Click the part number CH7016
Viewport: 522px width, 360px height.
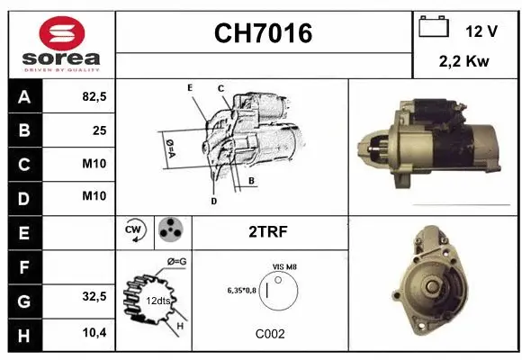click(x=263, y=33)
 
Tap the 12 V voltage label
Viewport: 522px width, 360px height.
click(x=481, y=31)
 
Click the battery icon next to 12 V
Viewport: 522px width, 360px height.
click(x=433, y=28)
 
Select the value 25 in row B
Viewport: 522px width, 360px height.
click(x=99, y=130)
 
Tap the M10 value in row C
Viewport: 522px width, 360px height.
click(x=94, y=164)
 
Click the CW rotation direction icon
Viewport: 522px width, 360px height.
click(x=135, y=231)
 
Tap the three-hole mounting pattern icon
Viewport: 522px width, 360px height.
click(x=169, y=230)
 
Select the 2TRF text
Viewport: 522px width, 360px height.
click(x=269, y=231)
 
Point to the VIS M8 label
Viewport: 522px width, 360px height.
click(x=283, y=266)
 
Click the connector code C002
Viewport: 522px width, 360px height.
click(x=269, y=333)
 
